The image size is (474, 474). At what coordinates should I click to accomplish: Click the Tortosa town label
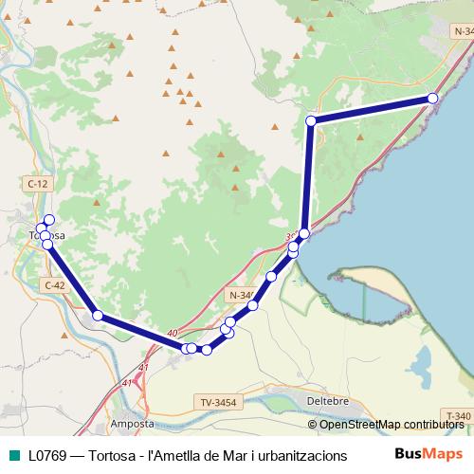pyautogui.click(x=47, y=235)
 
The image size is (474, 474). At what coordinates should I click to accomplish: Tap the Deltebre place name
pyautogui.click(x=330, y=400)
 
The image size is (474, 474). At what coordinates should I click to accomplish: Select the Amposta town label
pyautogui.click(x=132, y=424)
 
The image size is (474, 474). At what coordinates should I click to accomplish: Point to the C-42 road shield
pyautogui.click(x=53, y=283)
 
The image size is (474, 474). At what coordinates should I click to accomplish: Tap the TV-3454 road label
pyautogui.click(x=217, y=403)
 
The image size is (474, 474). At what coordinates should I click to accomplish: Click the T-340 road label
pyautogui.click(x=457, y=415)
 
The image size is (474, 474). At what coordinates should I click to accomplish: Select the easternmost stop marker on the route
pyautogui.click(x=433, y=99)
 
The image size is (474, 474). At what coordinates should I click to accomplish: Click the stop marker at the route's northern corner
pyautogui.click(x=311, y=120)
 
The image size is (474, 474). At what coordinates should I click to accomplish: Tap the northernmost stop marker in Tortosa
pyautogui.click(x=49, y=220)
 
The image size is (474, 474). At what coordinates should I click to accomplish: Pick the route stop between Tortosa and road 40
pyautogui.click(x=98, y=315)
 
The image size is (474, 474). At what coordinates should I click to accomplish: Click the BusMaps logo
pyautogui.click(x=429, y=454)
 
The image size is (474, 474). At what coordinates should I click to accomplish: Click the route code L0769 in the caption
pyautogui.click(x=47, y=455)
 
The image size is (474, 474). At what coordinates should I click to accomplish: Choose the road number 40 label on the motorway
pyautogui.click(x=172, y=333)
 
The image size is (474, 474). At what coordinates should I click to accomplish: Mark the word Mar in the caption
pyautogui.click(x=218, y=455)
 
